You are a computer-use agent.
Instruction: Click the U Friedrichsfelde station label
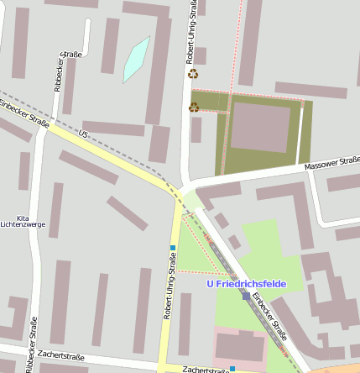(x=246, y=284)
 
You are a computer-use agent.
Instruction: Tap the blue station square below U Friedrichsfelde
(x=246, y=296)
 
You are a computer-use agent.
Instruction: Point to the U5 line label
(x=82, y=134)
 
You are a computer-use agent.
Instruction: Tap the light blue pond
(x=136, y=60)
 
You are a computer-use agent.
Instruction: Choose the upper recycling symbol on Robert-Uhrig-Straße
(x=194, y=74)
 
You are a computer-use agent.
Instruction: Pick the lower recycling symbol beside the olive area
(x=194, y=107)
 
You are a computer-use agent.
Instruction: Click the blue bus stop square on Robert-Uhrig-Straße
(x=173, y=247)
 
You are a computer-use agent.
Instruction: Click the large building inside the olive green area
(x=260, y=127)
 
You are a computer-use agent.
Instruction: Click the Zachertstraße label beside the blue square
(x=203, y=369)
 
